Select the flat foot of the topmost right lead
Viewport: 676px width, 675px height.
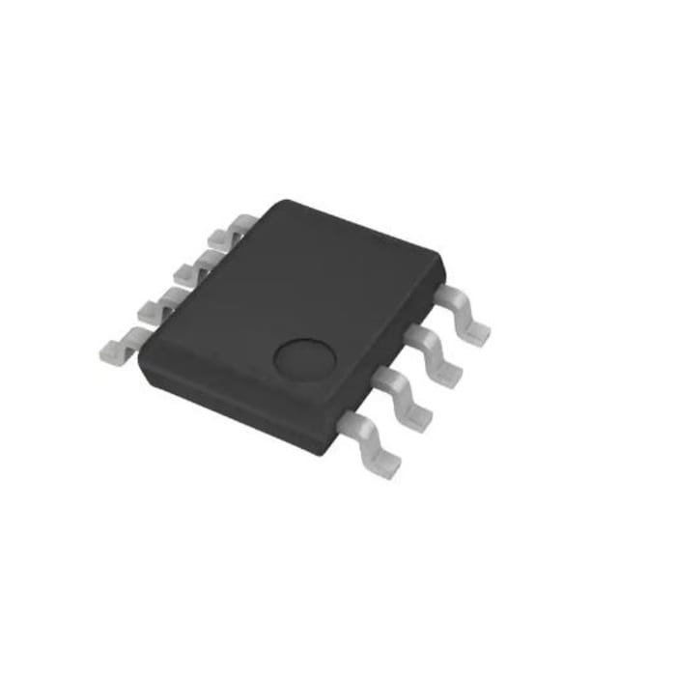475,331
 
